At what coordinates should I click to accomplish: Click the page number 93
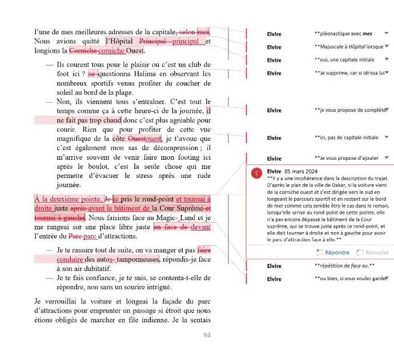tap(207, 335)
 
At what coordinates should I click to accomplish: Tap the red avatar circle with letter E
tap(257, 172)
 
